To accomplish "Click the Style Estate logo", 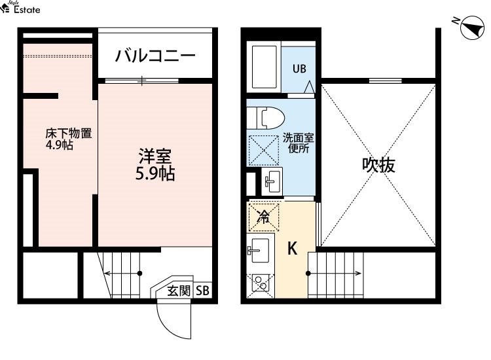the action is point(20,7).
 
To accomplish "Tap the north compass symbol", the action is point(473,28).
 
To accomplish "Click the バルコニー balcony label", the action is point(155,56).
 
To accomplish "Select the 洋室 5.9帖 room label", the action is point(155,165).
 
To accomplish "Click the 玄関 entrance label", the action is point(179,291).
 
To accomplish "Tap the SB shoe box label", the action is point(202,291).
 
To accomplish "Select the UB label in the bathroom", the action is point(299,69).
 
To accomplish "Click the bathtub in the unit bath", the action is point(264,67).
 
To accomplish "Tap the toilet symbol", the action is point(266,118).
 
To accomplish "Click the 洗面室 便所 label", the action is point(298,143).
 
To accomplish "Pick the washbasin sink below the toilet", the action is point(272,181).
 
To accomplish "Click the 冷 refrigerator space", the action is point(263,217).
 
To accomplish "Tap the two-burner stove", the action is point(260,283).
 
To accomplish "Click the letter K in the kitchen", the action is point(292,249).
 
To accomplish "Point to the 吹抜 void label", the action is point(378,165).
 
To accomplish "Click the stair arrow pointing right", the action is point(335,274).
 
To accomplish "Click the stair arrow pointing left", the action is point(123,274).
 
